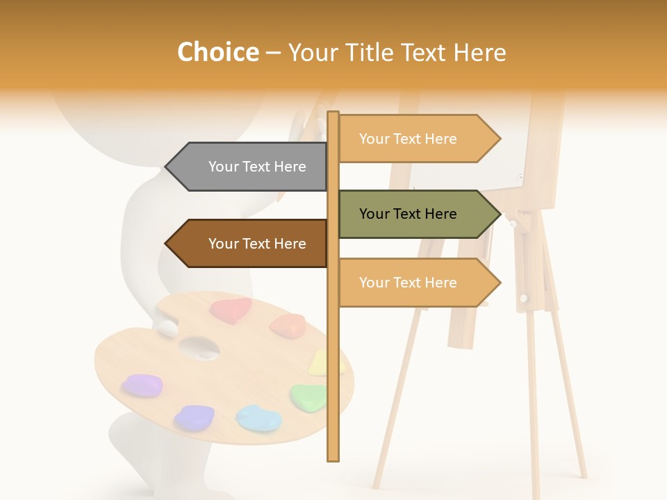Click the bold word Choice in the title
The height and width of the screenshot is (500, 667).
coord(217,52)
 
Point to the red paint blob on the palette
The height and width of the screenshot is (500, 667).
coord(231,310)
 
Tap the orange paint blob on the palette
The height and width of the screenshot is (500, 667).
coord(288,325)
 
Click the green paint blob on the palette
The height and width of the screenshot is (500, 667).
coord(309,397)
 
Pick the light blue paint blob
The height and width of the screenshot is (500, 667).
coord(258,418)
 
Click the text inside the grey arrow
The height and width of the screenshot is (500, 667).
coord(257,167)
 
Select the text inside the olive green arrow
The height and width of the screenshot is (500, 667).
coord(408,214)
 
